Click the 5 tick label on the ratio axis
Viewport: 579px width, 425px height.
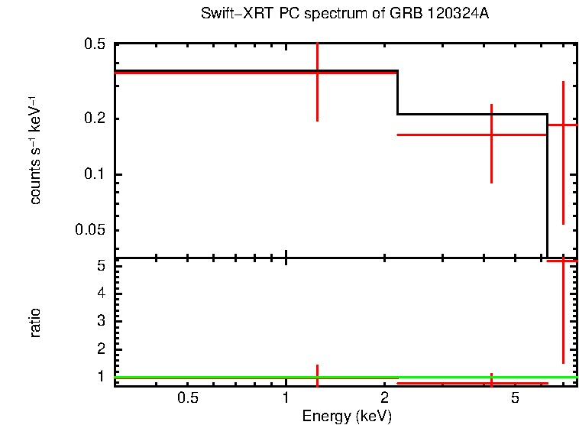click(x=101, y=266)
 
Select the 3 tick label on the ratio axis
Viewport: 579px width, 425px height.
click(x=101, y=321)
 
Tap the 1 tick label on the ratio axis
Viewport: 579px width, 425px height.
click(x=101, y=376)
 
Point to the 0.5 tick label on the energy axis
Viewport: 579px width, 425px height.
click(x=188, y=398)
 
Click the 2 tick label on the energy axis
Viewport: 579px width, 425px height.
click(x=385, y=398)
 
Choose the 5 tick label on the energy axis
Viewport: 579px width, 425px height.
click(x=516, y=398)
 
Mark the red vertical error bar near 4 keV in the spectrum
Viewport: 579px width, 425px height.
click(x=491, y=153)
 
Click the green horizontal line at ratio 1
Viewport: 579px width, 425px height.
click(x=229, y=377)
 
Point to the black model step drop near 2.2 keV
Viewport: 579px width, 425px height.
click(x=398, y=92)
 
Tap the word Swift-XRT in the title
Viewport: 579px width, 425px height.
click(x=230, y=15)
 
